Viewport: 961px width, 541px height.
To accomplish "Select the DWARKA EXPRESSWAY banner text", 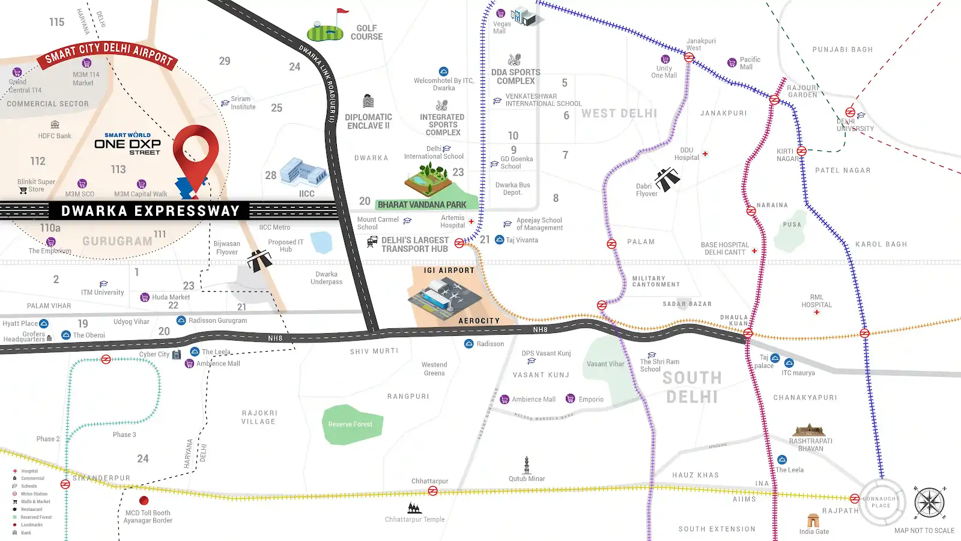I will [x=150, y=210].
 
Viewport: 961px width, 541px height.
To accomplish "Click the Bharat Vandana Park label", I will [x=422, y=204].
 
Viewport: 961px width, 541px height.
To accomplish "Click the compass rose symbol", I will [x=929, y=503].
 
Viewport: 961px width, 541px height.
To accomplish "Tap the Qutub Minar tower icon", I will [x=527, y=465].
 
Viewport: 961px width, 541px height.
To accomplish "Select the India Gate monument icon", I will [x=813, y=520].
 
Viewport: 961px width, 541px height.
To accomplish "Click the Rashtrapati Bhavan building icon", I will [x=809, y=430].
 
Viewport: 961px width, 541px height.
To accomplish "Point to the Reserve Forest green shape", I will [x=351, y=424].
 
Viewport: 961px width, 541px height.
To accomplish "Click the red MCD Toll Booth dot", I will [x=144, y=500].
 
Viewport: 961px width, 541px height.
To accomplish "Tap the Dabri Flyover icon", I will [x=667, y=179].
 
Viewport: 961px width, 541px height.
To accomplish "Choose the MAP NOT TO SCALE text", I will [x=924, y=530].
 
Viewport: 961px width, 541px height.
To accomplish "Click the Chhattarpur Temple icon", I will [x=414, y=508].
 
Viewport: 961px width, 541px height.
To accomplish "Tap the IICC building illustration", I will [x=304, y=171].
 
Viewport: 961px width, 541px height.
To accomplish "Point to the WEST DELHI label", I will [x=619, y=114].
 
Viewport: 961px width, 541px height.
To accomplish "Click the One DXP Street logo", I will [x=127, y=144].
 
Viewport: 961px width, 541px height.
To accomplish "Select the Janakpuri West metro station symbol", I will [x=690, y=58].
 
